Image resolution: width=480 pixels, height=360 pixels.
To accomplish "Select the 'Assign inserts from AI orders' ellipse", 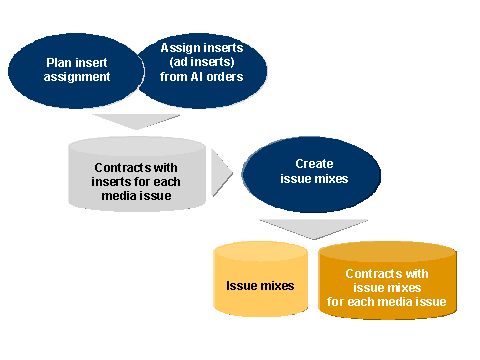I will coord(204,65).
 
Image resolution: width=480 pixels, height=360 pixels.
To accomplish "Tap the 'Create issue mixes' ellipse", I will coord(314,171).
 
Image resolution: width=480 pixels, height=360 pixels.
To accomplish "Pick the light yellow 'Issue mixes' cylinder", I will coord(260,285).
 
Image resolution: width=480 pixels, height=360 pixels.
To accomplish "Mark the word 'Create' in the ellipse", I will coord(314,163).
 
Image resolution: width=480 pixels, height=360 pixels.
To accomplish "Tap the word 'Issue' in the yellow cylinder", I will coord(244,286).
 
